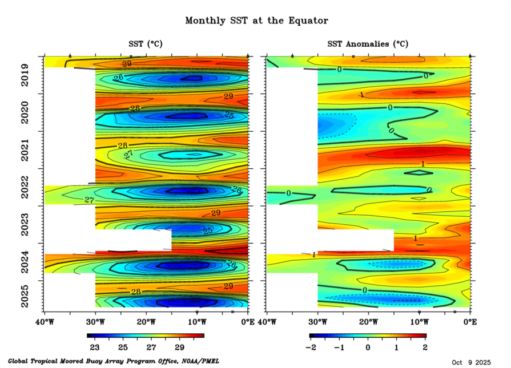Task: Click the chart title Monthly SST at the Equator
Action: tap(256, 21)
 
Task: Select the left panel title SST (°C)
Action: tap(146, 44)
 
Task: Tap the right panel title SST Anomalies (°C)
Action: tap(368, 44)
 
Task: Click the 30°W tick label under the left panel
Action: tap(95, 322)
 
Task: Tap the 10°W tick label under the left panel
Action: tap(197, 322)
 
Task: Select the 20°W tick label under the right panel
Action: tap(368, 322)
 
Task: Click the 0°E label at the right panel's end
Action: tap(470, 322)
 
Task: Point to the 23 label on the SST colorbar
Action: tap(95, 347)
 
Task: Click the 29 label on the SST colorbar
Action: tap(180, 347)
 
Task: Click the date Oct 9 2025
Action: tap(470, 362)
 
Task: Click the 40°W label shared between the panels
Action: tap(264, 322)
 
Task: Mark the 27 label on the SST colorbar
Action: tap(151, 347)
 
